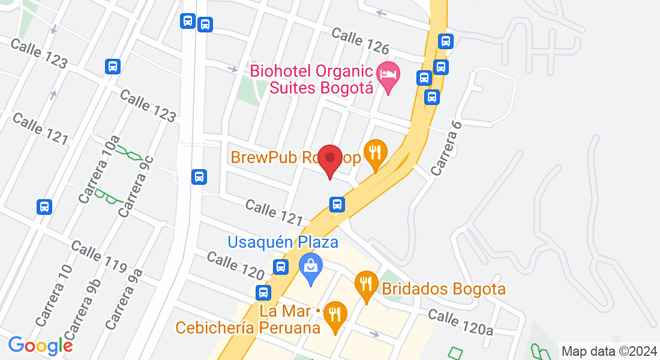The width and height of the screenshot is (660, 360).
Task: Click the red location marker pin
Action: tap(329, 159)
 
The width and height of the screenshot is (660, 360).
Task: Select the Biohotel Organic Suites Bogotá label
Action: tap(312, 79)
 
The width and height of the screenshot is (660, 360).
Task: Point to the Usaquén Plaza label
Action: tap(283, 242)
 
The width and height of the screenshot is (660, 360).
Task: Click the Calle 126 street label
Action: tap(361, 40)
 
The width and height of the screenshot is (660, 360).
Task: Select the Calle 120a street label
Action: tap(460, 322)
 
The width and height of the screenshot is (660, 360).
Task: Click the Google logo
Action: tap(40, 346)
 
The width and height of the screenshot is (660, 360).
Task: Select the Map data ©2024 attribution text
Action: tap(609, 351)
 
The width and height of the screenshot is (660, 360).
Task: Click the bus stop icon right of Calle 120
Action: tap(280, 266)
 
